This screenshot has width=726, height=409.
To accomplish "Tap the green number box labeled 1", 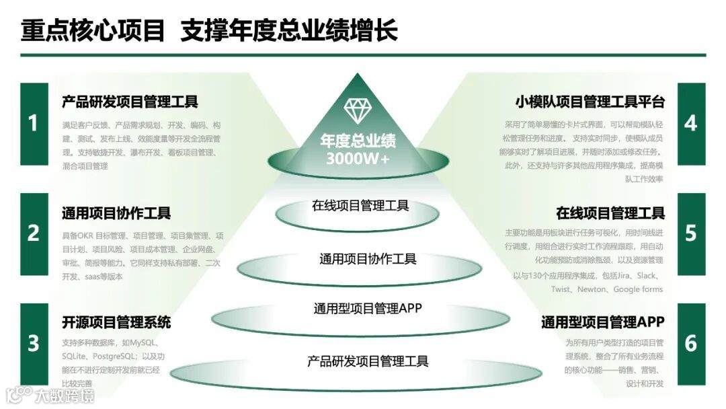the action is click(34, 124).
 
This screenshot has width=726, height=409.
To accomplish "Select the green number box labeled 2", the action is click(34, 233).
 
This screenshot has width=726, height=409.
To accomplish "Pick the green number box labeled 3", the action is click(34, 343).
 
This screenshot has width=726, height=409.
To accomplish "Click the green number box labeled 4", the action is click(690, 124).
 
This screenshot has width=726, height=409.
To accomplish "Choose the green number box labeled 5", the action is click(690, 233).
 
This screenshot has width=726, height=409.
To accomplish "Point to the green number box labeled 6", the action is click(690, 343).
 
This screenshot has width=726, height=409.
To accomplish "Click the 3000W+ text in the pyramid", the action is click(358, 159).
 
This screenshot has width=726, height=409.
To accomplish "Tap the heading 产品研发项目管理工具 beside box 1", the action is click(130, 102).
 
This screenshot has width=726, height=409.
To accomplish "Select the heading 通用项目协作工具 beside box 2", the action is click(116, 213).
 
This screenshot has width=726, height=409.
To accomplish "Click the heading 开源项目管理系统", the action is click(116, 322).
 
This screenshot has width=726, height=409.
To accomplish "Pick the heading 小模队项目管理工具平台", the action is click(590, 102).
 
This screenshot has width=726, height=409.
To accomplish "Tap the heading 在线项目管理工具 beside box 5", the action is click(610, 213).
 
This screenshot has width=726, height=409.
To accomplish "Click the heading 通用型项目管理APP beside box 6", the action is click(602, 322).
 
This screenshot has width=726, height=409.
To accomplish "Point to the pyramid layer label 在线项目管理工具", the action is click(360, 206).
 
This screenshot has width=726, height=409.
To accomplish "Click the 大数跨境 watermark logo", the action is click(50, 395).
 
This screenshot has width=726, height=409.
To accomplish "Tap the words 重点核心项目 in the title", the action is click(93, 31).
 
